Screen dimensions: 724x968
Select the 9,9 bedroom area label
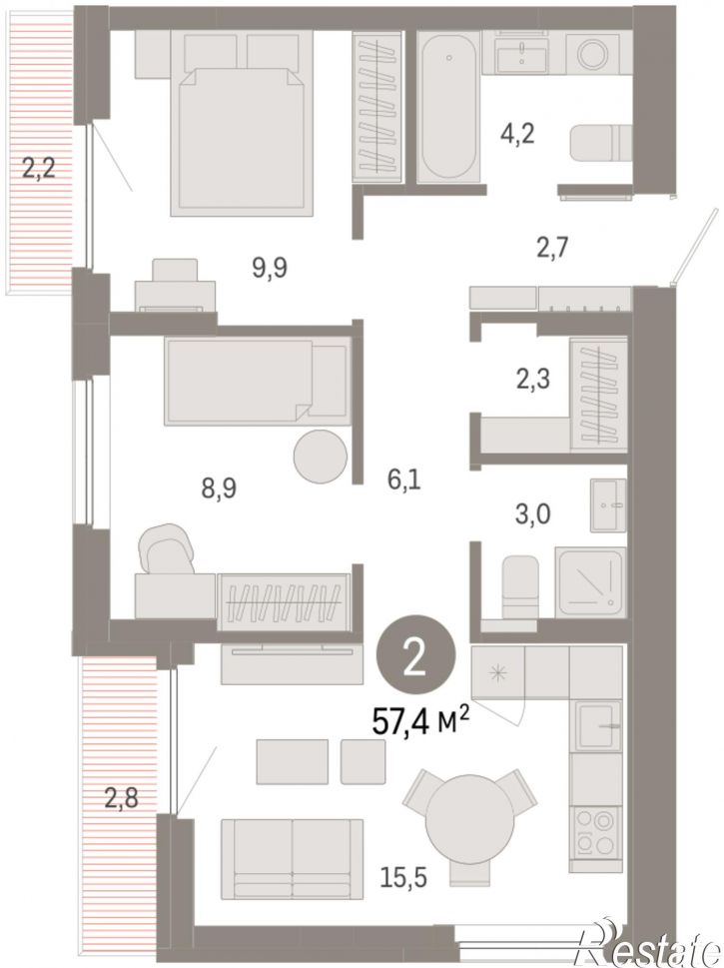270,268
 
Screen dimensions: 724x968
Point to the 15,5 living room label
403,877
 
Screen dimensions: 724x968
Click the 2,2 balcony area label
39,167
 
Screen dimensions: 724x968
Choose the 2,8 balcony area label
121,798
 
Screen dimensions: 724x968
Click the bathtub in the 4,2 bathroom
448,106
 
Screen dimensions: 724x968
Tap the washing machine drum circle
593,54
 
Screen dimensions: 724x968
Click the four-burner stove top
595,834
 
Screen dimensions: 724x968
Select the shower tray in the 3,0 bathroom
590,582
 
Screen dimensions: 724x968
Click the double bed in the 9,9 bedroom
242,124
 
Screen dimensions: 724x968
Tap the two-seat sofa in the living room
292,859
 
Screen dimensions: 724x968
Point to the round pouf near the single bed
321,457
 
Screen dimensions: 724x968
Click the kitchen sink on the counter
597,726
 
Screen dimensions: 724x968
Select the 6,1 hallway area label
404,480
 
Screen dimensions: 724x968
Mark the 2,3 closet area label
533,379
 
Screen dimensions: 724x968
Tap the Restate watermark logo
647,946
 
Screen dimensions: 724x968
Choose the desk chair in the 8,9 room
167,548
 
